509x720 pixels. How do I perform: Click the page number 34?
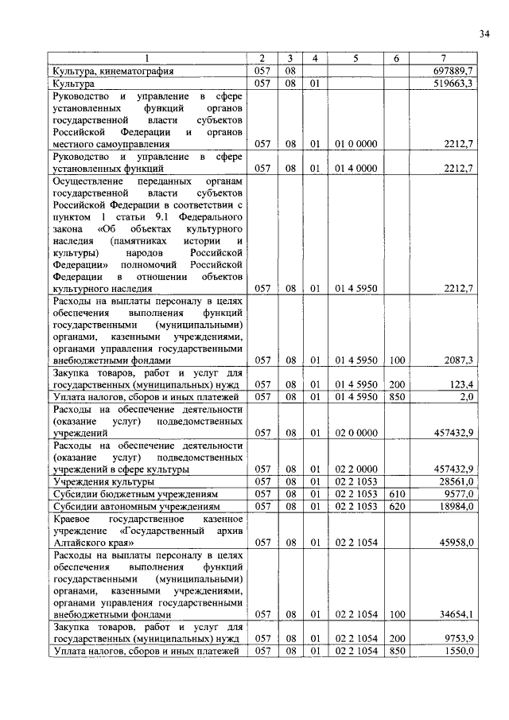click(484, 33)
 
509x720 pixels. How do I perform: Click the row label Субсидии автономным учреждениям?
click(130, 506)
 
